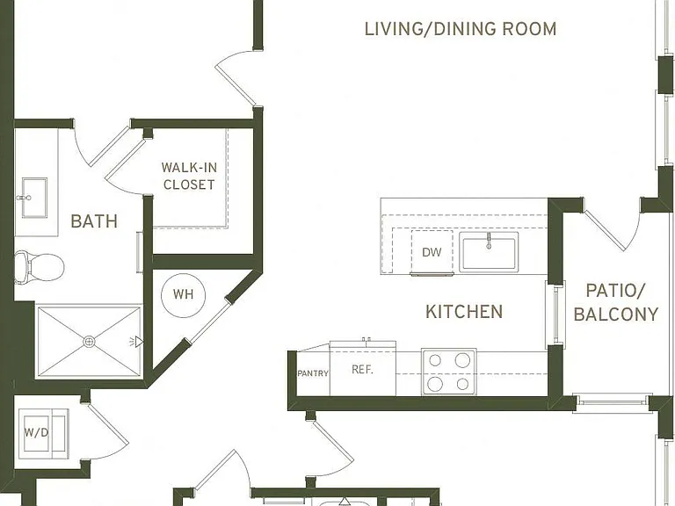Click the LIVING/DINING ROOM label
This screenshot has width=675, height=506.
pos(461,29)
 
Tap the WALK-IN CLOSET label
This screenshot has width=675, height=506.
pos(190,176)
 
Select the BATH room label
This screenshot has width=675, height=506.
pos(94,221)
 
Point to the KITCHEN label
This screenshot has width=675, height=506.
pos(464,312)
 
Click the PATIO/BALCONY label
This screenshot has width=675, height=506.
pos(616,302)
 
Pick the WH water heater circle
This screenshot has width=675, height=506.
pos(184,295)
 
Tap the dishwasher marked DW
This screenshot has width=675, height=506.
pos(432,252)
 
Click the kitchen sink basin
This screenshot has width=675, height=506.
pos(489,252)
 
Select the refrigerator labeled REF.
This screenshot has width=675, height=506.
pos(362,368)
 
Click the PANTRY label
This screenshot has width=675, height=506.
pos(313,373)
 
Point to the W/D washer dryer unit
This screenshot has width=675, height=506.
pos(42,433)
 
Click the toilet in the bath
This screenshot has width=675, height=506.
pos(39,267)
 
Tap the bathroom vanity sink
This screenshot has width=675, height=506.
pos(33,198)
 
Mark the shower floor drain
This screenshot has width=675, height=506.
pos(89,342)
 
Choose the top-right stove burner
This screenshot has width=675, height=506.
pos(463,360)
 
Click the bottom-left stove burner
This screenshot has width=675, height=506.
pos(435,383)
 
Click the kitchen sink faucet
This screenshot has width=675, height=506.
pos(489,241)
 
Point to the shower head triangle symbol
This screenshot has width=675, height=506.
pos(139,342)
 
